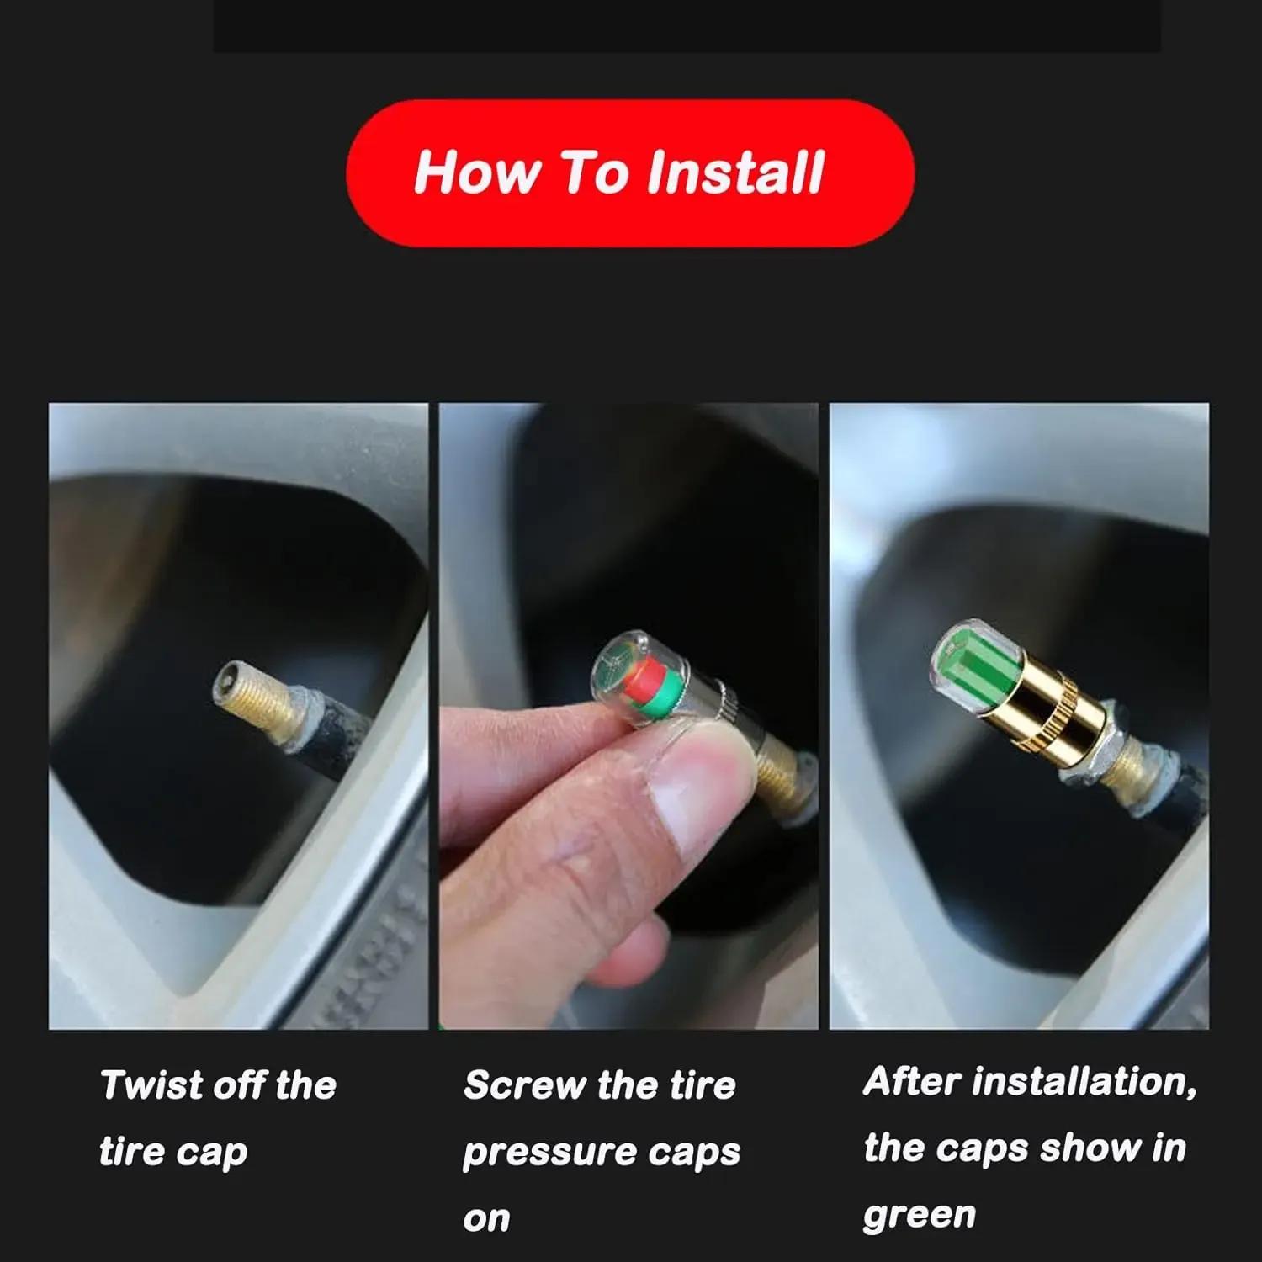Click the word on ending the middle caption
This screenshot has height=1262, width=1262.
(x=486, y=1219)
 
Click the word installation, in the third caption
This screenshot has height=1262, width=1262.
(x=1084, y=1082)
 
